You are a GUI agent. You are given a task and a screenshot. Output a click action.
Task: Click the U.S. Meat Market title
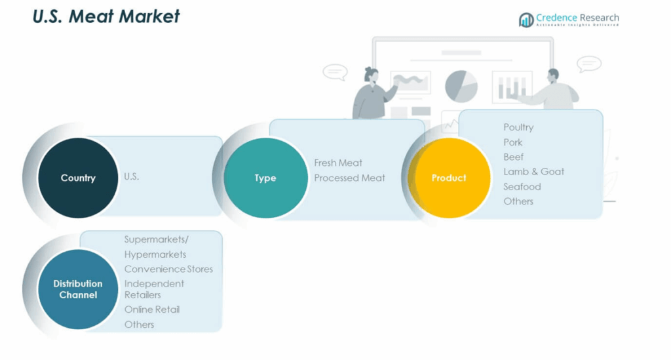point(106,16)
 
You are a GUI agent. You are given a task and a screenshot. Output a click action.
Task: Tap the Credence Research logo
point(568,20)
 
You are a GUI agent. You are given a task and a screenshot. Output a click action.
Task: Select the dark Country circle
point(78,178)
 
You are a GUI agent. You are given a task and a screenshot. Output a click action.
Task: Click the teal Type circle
point(265,178)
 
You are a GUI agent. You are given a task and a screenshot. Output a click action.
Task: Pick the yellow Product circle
point(449,178)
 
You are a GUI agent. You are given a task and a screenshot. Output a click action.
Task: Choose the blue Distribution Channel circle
point(78,289)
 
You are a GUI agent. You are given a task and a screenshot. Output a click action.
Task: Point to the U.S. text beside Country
point(132,177)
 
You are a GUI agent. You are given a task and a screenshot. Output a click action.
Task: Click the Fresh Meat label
point(338,163)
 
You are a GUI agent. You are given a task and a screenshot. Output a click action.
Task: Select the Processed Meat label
point(349,178)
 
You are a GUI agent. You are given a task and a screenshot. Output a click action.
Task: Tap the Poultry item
point(518,127)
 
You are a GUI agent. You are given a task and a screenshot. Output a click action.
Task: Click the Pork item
point(513,142)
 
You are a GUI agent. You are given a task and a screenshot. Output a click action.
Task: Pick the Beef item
point(514,157)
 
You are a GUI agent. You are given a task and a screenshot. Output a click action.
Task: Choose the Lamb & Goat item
point(533,172)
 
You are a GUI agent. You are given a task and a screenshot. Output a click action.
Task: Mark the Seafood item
point(522,187)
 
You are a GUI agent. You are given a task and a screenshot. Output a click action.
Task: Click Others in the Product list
point(518,201)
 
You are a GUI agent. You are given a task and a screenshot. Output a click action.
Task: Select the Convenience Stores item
point(168,269)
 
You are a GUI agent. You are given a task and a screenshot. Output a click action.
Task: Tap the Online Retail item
point(152,310)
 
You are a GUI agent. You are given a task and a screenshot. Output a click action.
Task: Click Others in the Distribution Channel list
point(140,325)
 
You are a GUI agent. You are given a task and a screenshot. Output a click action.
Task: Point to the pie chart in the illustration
point(461,86)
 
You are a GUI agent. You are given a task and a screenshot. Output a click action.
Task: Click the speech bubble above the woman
point(335,71)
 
